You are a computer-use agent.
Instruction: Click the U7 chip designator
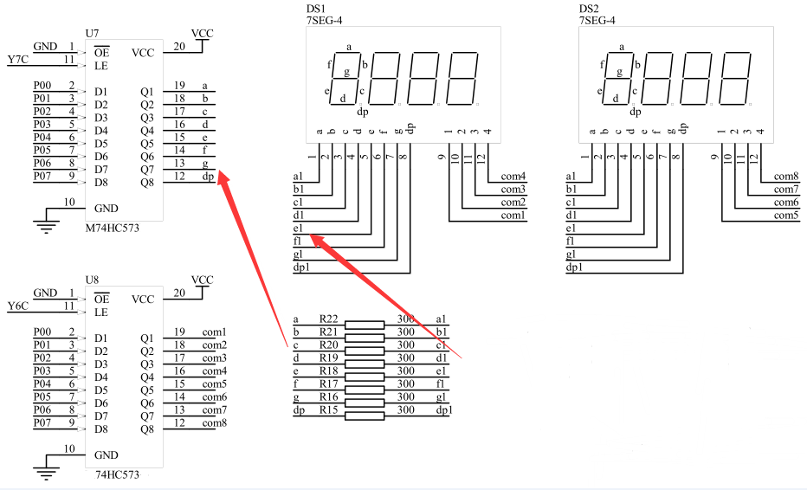pos(92,34)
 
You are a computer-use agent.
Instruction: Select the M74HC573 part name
pos(113,228)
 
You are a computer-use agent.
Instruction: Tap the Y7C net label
pos(18,60)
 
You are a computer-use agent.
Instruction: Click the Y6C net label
pos(18,306)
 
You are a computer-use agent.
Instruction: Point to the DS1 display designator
pos(316,9)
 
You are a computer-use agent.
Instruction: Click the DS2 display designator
pos(589,9)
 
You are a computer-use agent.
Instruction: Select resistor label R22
pos(329,319)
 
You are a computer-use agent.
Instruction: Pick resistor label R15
pos(329,409)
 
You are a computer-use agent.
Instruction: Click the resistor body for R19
pos(365,364)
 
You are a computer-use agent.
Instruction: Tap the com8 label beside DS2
pos(786,177)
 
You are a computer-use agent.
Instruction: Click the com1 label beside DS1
pos(513,216)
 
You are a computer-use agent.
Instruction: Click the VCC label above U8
pos(203,280)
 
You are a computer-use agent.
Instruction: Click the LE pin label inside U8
pos(100,313)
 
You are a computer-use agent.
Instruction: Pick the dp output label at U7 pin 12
pos(208,177)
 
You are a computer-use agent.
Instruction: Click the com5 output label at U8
pos(214,384)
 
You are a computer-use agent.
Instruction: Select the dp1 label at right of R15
pos(444,410)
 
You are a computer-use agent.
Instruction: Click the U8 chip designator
pos(92,280)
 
